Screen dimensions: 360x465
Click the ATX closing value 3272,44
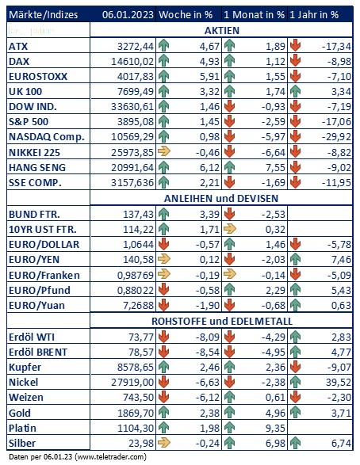click(x=136, y=46)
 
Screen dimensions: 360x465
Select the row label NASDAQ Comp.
click(x=47, y=137)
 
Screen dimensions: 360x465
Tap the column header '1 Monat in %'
click(x=254, y=14)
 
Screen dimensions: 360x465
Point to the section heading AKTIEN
click(x=222, y=31)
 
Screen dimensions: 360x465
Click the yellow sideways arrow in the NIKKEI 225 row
click(x=164, y=151)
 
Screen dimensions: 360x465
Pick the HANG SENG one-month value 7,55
click(x=275, y=168)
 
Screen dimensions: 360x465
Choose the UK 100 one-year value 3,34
click(x=341, y=92)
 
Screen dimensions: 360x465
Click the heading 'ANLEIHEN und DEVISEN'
click(x=221, y=198)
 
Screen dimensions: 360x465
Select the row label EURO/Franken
click(x=44, y=275)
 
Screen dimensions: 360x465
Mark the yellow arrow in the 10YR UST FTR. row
click(x=230, y=229)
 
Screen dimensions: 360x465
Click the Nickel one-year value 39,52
click(x=339, y=383)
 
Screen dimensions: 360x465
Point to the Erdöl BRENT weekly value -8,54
click(x=208, y=352)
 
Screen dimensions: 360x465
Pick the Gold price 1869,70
click(x=136, y=413)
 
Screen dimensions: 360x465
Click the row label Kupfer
click(x=25, y=367)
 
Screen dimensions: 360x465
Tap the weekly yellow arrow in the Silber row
click(x=164, y=443)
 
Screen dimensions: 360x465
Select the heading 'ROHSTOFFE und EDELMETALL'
click(x=222, y=321)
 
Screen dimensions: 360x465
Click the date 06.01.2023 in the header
click(x=128, y=14)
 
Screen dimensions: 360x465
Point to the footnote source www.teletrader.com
click(x=111, y=457)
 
